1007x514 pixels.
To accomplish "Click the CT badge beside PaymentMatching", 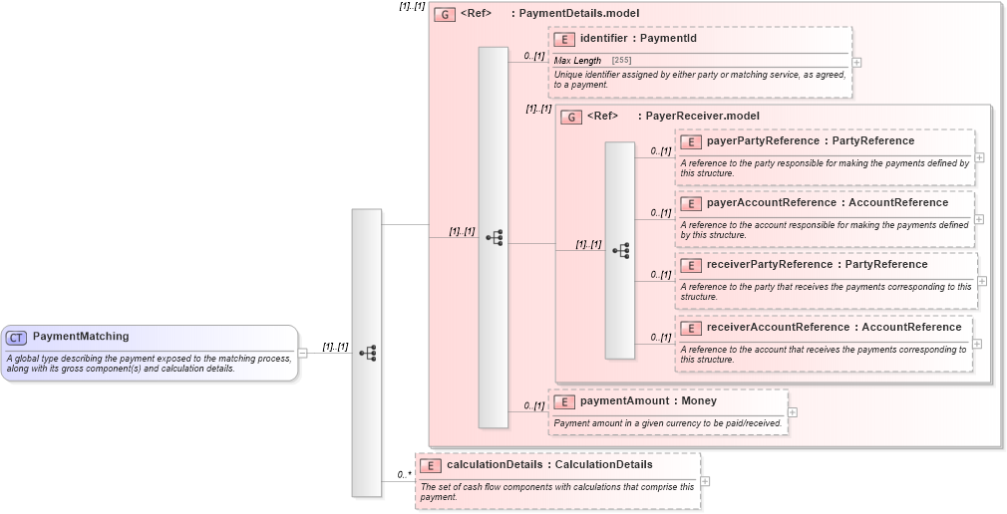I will [16, 338].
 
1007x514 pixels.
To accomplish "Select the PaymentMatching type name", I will [81, 337].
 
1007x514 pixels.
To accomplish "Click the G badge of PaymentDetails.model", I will [445, 14].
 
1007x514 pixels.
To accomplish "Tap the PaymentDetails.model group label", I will [578, 14].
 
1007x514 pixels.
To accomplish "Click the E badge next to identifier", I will [564, 39].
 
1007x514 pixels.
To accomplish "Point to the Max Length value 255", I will [621, 61].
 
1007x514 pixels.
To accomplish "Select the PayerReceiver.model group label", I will [702, 117].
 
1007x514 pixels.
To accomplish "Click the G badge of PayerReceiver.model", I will [571, 117].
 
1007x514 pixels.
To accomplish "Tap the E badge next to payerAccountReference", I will [691, 203].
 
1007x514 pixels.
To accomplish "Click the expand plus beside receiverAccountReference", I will [977, 344].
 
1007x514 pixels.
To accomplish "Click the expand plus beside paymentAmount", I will [793, 411].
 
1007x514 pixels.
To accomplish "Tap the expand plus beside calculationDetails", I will [706, 481].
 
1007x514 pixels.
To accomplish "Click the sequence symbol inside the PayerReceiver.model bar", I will [620, 250].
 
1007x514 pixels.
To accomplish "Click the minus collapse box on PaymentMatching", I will [302, 353].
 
